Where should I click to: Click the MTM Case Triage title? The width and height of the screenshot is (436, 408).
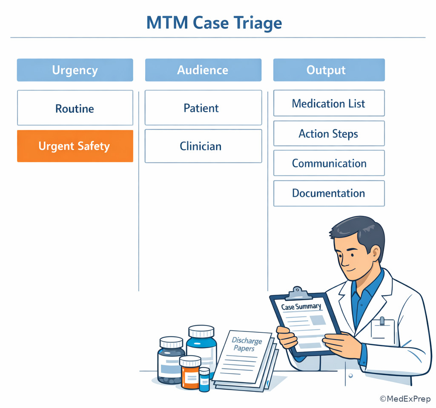214,23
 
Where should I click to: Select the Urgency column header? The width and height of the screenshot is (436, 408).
75,70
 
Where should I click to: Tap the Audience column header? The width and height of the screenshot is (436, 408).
203,70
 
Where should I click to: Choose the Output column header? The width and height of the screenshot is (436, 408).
329,70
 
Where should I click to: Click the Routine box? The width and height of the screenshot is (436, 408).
75,108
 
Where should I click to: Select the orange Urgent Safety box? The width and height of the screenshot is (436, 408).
75,146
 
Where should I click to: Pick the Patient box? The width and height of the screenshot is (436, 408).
203,108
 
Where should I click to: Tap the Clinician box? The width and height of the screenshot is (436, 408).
203,146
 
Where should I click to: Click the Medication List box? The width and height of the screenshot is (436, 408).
329,103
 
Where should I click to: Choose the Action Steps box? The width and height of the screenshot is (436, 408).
329,133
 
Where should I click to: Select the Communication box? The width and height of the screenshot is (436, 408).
329,163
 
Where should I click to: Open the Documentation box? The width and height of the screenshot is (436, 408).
329,193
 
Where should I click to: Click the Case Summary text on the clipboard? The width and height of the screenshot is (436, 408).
301,306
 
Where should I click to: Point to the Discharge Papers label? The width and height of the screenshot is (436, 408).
246,344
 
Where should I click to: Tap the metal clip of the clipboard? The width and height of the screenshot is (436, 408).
298,293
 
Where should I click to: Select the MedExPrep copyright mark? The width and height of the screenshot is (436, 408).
405,399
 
